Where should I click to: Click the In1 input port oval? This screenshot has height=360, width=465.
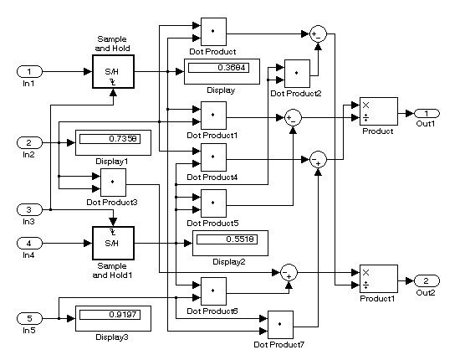29,71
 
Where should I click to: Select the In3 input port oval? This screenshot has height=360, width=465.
29,210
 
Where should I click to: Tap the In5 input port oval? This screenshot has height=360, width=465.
29,318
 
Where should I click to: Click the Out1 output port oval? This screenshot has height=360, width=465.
427,113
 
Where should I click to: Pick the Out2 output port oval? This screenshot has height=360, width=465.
427,280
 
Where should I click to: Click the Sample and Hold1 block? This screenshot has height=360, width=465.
113,243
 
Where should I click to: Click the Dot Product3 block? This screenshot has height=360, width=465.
113,183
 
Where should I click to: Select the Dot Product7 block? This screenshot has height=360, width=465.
280,325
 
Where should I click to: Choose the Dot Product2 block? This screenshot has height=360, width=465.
297,74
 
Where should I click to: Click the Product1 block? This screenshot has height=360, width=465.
379,279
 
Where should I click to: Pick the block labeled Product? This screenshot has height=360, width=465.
379,111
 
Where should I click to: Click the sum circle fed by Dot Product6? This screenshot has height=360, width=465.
289,272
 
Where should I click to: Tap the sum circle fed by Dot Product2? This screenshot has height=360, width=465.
318,33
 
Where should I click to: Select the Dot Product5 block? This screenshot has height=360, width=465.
213,203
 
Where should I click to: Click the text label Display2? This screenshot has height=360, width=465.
229,262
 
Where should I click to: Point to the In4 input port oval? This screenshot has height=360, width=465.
29,243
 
